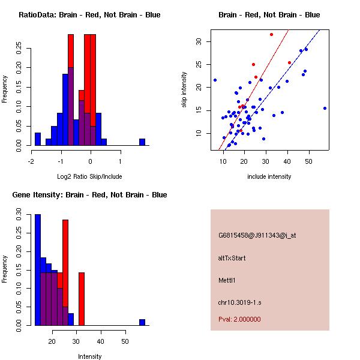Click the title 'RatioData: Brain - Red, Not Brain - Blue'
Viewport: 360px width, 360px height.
tap(89, 15)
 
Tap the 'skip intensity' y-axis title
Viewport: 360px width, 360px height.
tap(185, 90)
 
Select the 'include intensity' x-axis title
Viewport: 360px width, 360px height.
tap(269, 176)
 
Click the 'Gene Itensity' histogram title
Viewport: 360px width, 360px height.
tap(89, 195)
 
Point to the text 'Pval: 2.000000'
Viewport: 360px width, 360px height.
tap(239, 319)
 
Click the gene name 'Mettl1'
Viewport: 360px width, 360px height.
tap(227, 280)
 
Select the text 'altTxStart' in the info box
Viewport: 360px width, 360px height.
tap(232, 258)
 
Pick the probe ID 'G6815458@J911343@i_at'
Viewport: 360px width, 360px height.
tap(257, 235)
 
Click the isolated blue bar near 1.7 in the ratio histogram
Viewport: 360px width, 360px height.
tap(142, 142)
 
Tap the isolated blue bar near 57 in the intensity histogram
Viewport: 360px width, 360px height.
tap(142, 322)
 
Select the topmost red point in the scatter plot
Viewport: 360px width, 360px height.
tap(271, 34)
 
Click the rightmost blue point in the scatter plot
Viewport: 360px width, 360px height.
tap(325, 108)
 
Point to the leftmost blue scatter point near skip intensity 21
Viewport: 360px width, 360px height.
tap(215, 80)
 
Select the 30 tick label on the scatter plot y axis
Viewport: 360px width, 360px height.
tap(200, 41)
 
